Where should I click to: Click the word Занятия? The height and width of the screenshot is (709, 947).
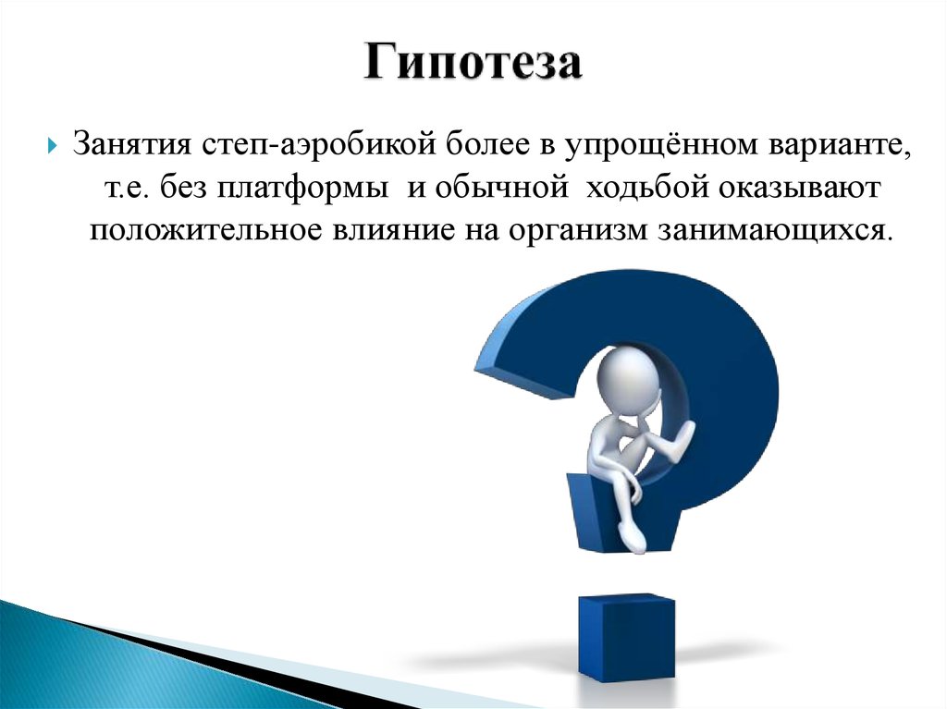pos(131,146)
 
